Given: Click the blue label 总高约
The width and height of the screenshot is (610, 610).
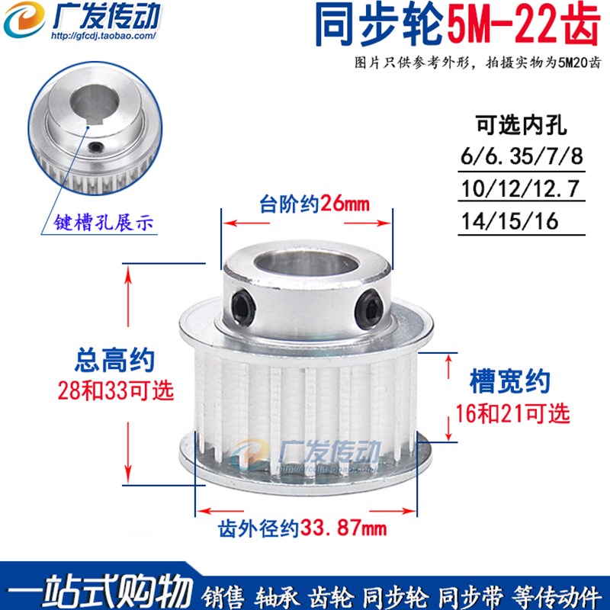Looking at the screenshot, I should click(x=116, y=358).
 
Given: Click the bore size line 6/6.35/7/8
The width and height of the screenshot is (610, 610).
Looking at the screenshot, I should click(x=521, y=157).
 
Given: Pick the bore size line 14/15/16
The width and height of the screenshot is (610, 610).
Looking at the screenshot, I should click(x=509, y=221).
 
